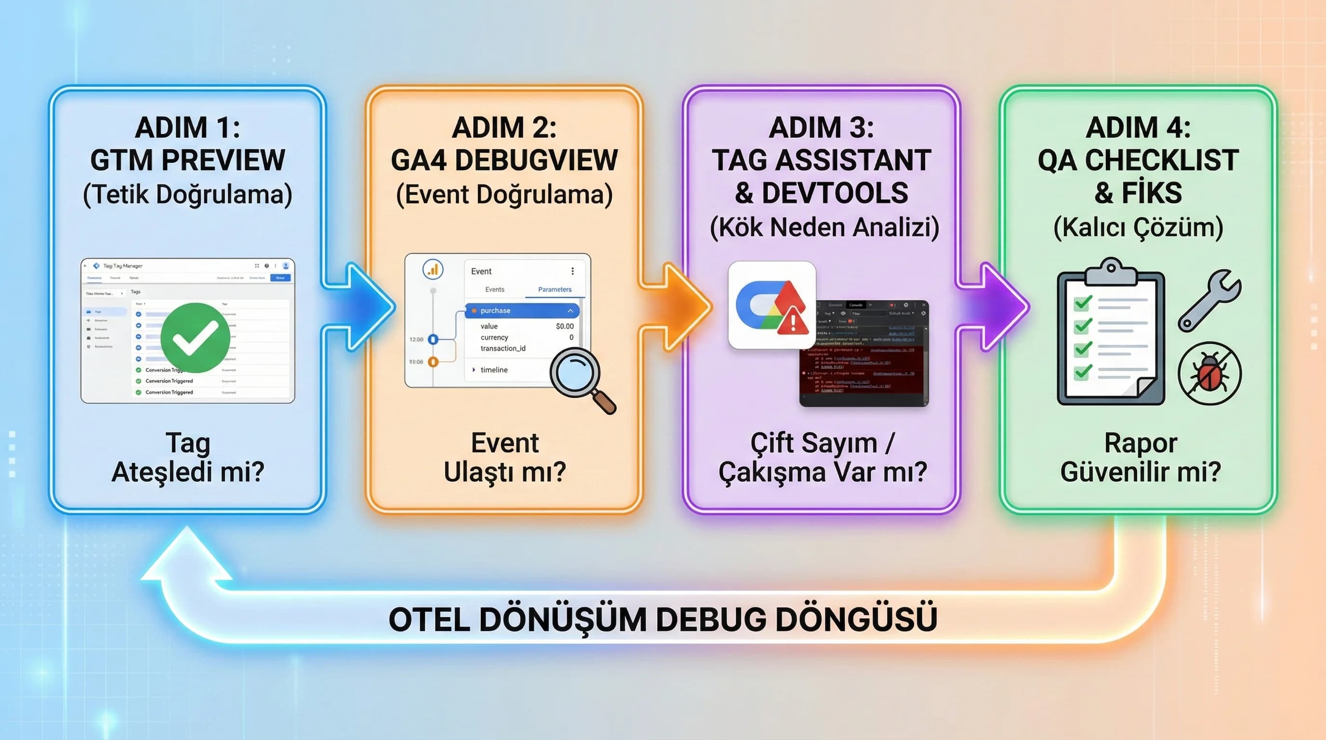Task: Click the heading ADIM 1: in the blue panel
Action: [x=187, y=128]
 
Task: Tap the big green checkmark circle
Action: [x=195, y=338]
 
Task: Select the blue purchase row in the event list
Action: [x=522, y=311]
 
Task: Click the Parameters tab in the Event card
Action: [x=555, y=290]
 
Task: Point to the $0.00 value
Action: [x=564, y=326]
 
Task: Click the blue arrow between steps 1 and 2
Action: [x=360, y=307]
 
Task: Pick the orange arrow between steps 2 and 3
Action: [x=676, y=307]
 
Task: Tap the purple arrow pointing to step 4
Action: [x=994, y=307]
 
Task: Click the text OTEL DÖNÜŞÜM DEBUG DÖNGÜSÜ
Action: [x=663, y=619]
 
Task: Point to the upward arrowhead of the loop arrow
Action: [x=186, y=556]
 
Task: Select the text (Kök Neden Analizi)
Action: [x=824, y=227]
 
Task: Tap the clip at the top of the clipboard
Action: [x=1111, y=271]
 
